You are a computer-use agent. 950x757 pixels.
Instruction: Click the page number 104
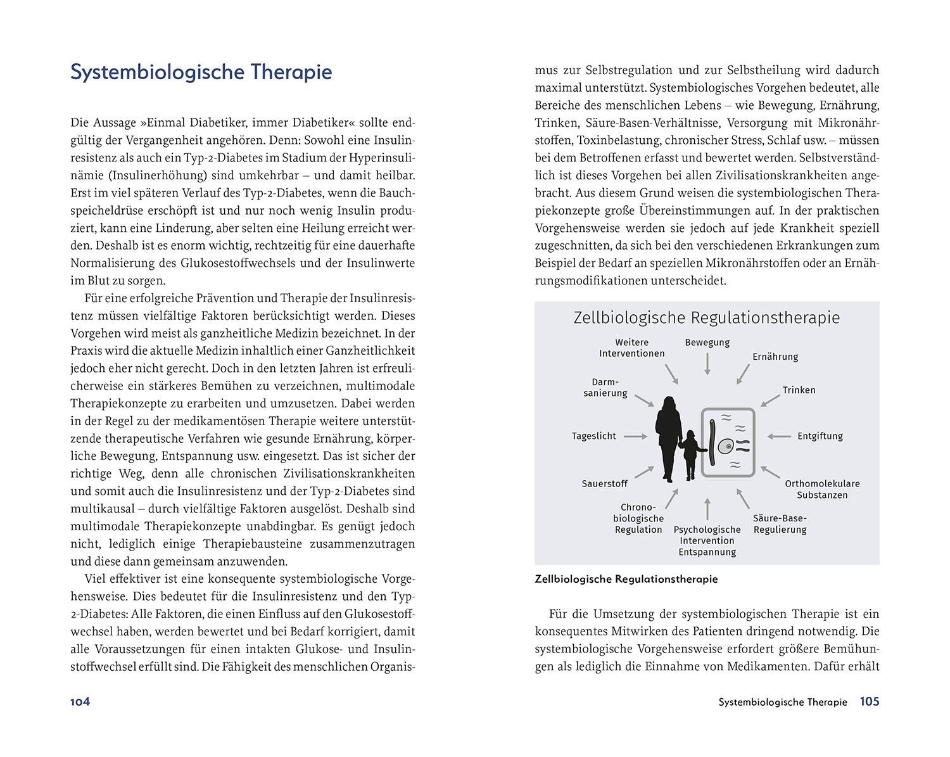(80, 702)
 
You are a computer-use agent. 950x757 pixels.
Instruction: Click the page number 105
(869, 702)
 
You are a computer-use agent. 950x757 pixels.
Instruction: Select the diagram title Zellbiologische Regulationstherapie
(706, 317)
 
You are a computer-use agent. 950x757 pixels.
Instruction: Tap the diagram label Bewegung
(707, 343)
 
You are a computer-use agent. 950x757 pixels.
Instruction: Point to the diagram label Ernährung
(775, 357)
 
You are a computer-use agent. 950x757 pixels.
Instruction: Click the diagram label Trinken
(799, 390)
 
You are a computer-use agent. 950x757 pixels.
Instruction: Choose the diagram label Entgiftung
(820, 436)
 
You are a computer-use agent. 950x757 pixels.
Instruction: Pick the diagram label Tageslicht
(593, 436)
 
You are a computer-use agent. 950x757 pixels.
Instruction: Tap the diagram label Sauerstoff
(604, 484)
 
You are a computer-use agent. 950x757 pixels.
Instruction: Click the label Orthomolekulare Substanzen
(822, 489)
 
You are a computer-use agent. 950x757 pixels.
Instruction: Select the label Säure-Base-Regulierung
(780, 524)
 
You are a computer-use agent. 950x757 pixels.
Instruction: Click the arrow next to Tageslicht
(635, 436)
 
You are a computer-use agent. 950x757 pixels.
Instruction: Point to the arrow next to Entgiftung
(780, 436)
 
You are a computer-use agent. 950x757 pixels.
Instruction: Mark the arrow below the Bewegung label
(707, 364)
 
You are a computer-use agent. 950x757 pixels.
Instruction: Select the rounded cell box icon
(728, 442)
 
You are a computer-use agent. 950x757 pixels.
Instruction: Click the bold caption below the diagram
(626, 579)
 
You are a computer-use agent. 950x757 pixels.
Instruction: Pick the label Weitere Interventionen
(631, 348)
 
